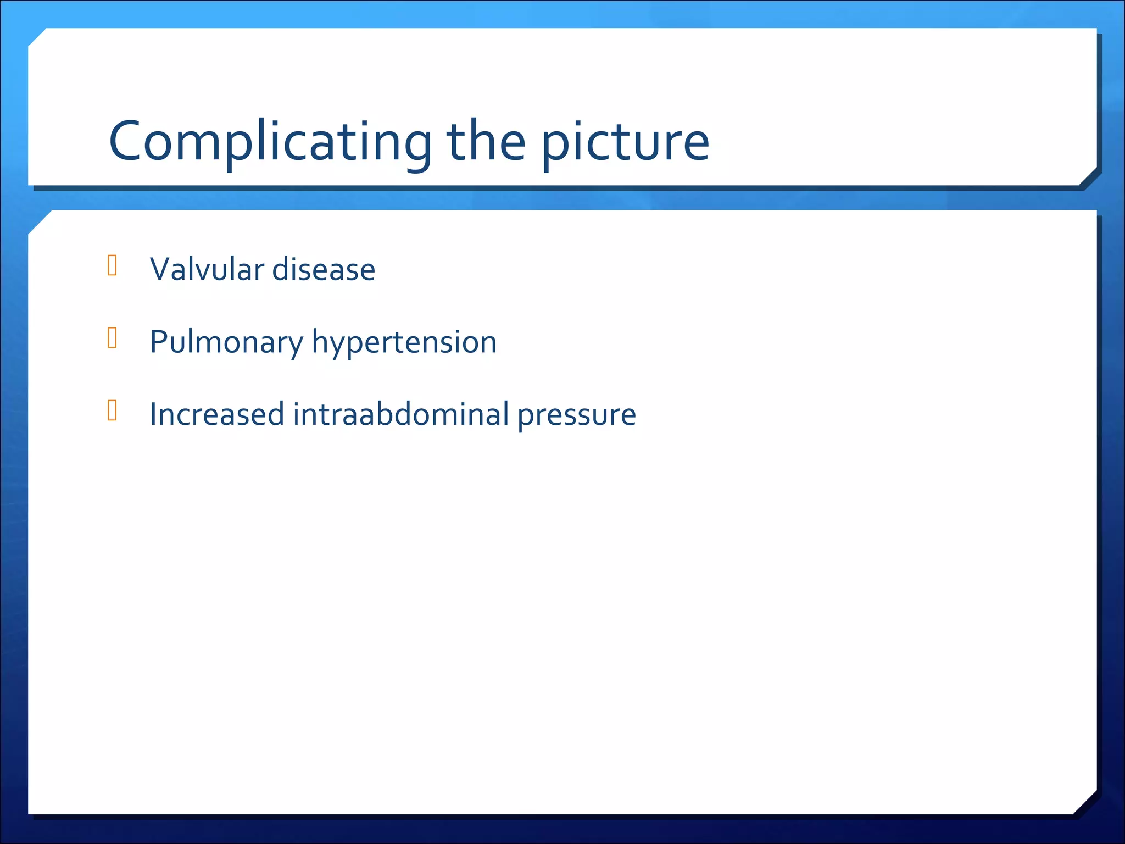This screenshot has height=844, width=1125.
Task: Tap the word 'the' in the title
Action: coord(486,142)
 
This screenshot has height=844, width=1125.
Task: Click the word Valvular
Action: coord(207,269)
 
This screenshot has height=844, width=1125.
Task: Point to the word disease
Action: coord(324,269)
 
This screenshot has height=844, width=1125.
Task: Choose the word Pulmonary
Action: coord(226,343)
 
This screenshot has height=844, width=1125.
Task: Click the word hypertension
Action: coord(404,343)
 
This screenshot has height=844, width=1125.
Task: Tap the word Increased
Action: coord(216,414)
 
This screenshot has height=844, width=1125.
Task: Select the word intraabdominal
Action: coord(401,414)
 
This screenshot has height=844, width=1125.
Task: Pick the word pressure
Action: coord(577,415)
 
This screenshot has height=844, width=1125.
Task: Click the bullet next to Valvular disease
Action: coord(113,265)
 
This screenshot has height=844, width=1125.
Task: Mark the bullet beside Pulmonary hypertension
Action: coord(113,338)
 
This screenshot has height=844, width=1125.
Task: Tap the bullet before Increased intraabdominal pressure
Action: coord(113,410)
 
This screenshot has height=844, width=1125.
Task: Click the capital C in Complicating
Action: coord(127,142)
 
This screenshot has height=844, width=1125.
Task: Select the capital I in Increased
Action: coord(153,414)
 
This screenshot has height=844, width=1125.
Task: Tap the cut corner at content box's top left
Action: coord(40,222)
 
